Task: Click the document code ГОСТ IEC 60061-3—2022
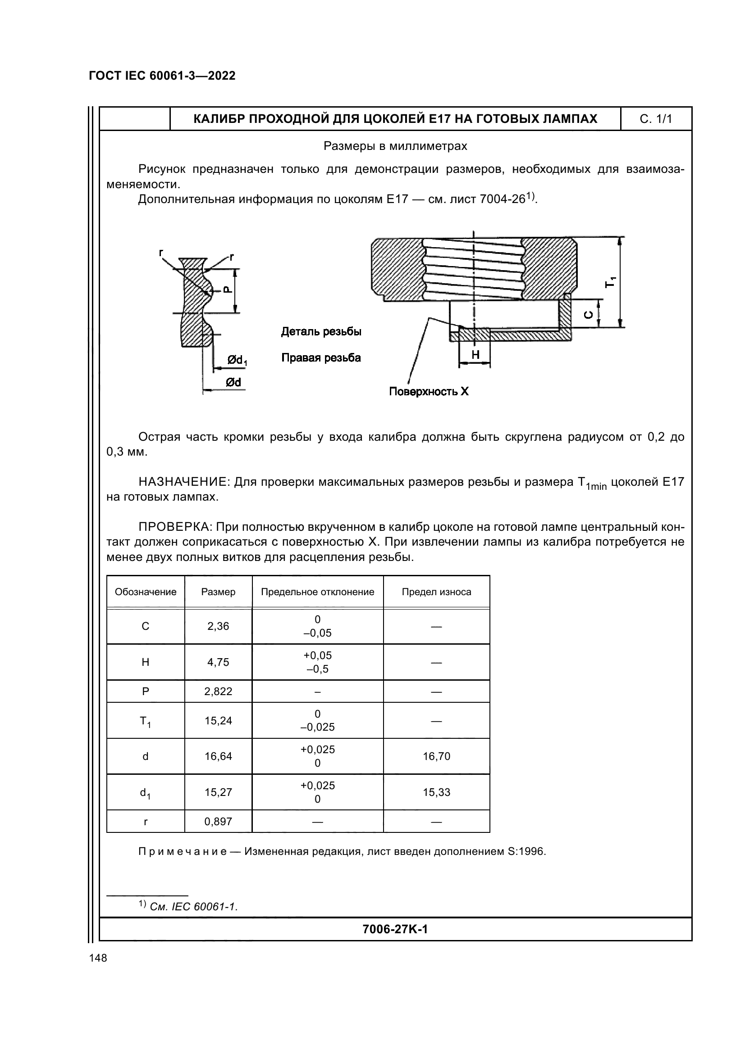click(x=162, y=76)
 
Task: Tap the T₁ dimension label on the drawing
click(x=610, y=282)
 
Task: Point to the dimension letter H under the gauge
click(x=475, y=355)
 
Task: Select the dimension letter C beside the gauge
click(x=590, y=315)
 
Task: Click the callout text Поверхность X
click(x=429, y=392)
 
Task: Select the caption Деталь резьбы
click(x=321, y=332)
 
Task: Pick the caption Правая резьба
click(x=321, y=358)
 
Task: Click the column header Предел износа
click(x=436, y=592)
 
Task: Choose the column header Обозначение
click(x=146, y=592)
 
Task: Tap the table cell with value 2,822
click(x=218, y=691)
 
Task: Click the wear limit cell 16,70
click(x=436, y=757)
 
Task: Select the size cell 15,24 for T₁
click(x=218, y=721)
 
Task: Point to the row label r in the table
click(x=146, y=822)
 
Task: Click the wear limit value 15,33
click(x=436, y=792)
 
